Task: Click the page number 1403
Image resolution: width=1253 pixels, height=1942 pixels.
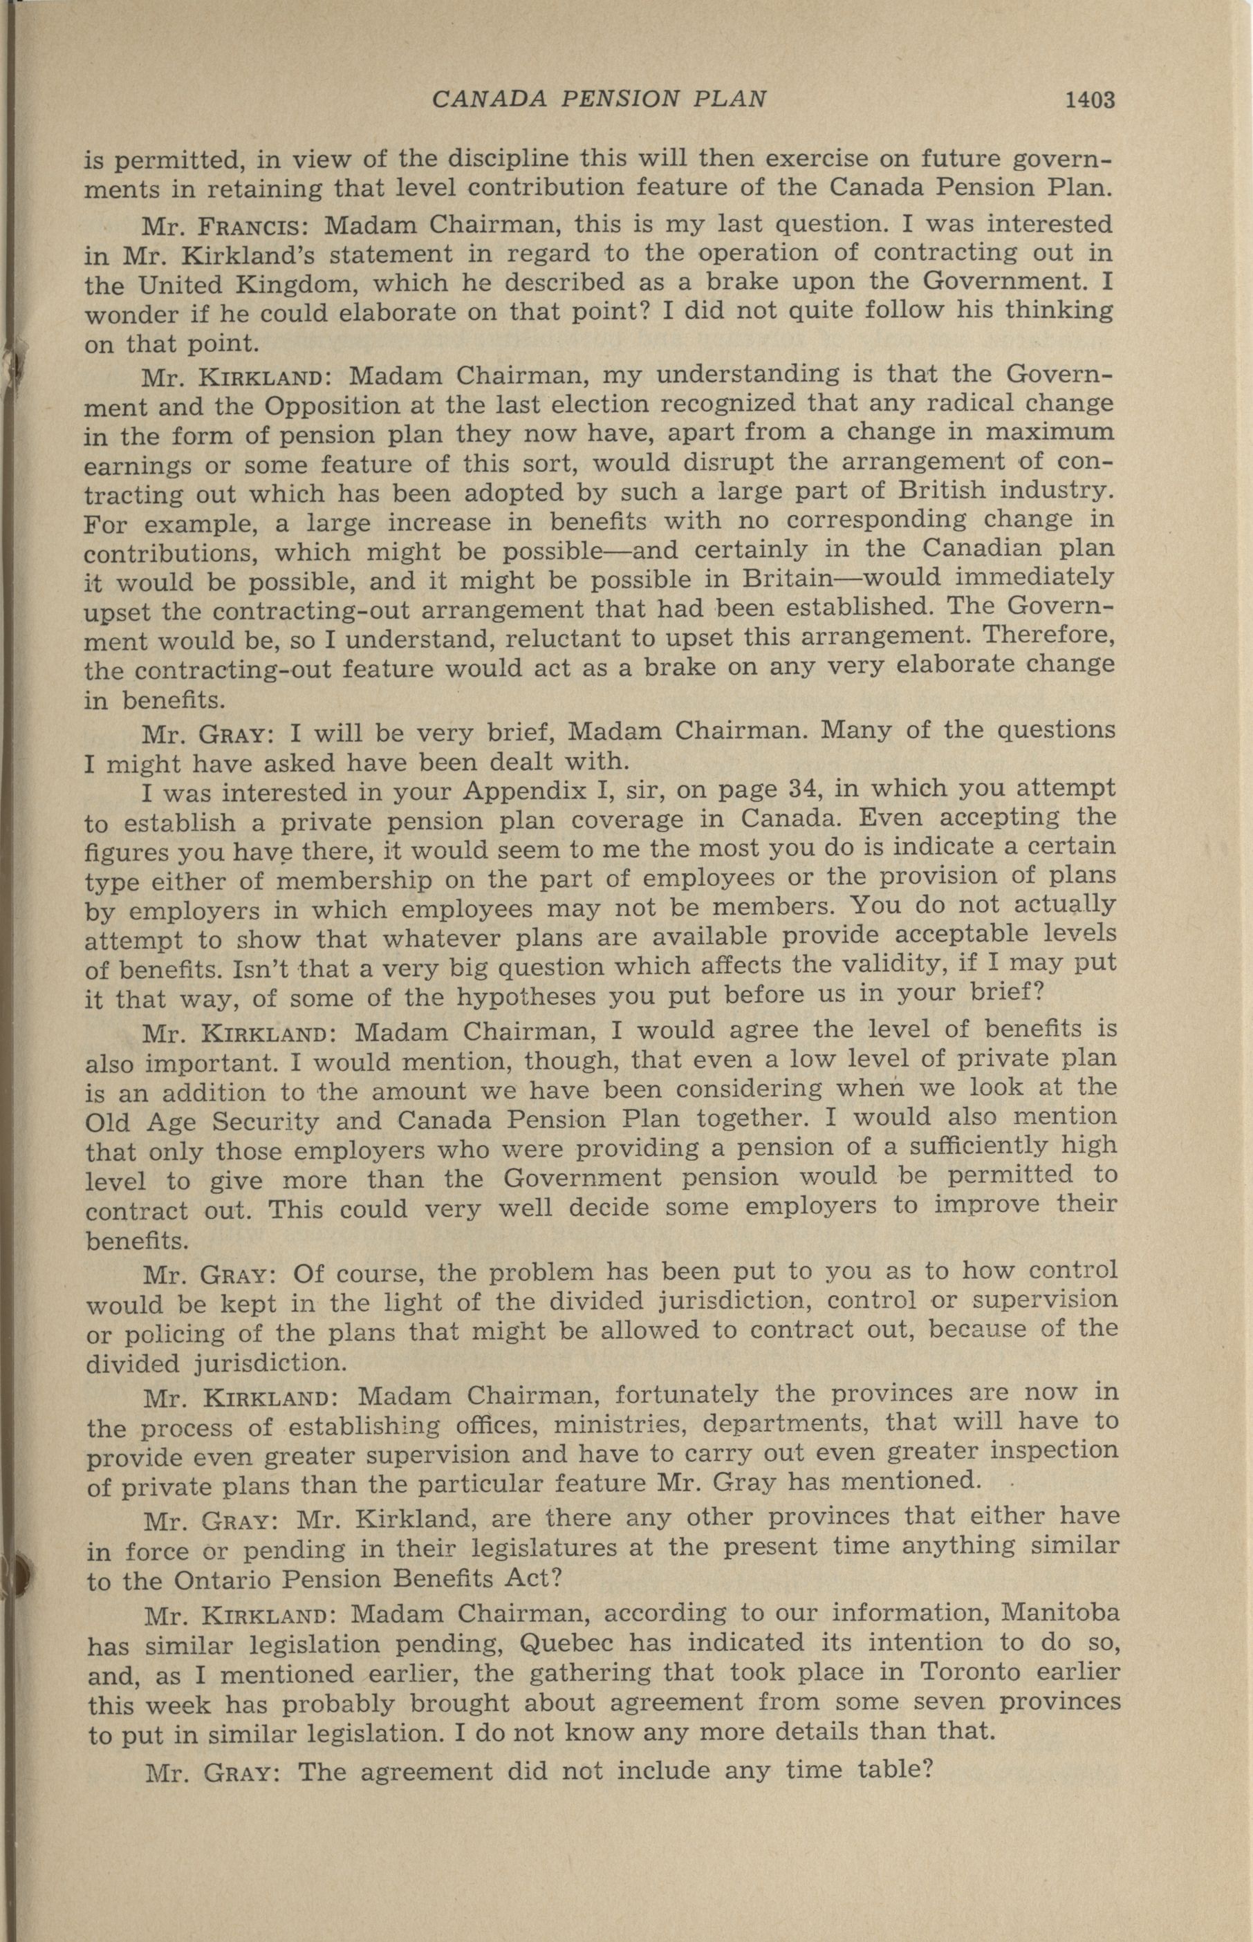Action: (1088, 100)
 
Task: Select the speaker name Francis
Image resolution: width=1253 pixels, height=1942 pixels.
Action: (250, 225)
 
